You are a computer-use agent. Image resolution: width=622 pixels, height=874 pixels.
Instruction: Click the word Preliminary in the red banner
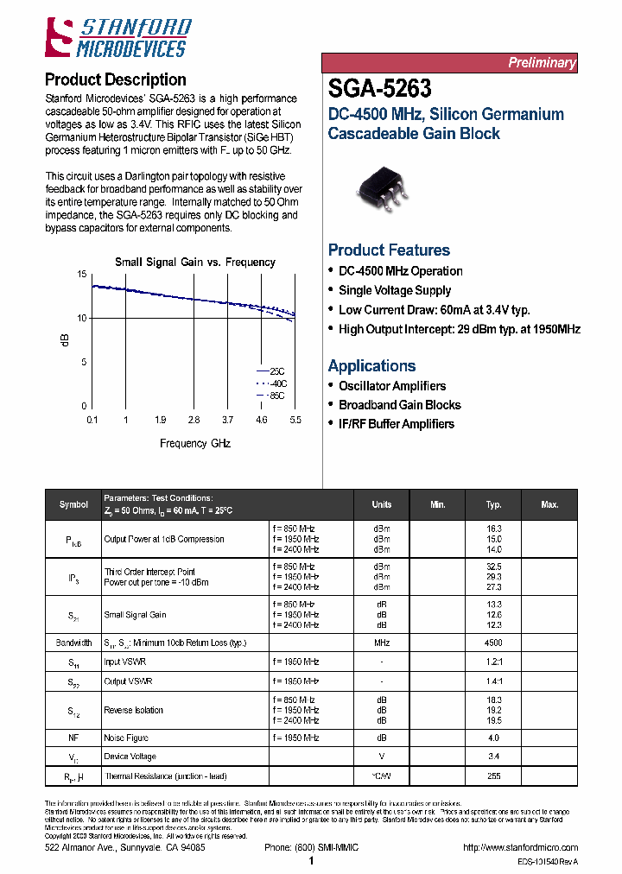541,63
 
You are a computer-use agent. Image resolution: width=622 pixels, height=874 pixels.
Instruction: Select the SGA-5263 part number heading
380,89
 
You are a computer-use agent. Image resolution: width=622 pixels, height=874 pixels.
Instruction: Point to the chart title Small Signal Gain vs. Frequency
195,262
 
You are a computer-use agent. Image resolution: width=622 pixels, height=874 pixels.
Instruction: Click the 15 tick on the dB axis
82,274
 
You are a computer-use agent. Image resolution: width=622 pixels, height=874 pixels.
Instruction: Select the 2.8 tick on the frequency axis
194,420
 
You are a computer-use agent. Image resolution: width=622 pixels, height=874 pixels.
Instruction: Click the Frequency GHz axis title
195,443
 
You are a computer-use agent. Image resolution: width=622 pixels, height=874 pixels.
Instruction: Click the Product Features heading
389,250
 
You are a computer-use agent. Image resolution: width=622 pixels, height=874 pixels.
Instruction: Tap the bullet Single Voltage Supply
395,290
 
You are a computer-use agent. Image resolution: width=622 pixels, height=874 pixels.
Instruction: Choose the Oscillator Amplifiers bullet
392,386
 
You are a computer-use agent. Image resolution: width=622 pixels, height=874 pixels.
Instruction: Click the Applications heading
371,366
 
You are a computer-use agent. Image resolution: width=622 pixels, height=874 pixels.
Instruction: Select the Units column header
381,504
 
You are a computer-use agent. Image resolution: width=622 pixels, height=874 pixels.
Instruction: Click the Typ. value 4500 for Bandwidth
493,643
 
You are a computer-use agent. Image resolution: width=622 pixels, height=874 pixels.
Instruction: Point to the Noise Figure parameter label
126,738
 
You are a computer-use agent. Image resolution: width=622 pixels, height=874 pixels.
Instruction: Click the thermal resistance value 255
493,776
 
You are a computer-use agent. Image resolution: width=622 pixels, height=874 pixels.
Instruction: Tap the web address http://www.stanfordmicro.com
520,848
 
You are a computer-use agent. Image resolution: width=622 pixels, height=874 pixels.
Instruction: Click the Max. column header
549,504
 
